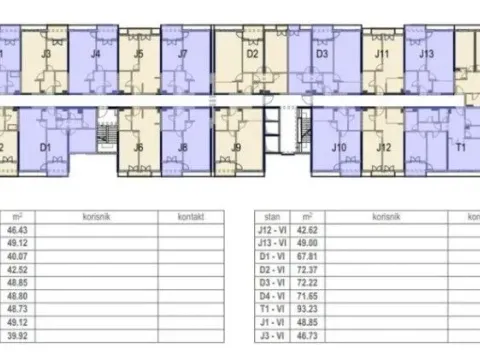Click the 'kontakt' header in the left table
tap(191, 215)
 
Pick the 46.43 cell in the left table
tap(17, 229)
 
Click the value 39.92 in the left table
tap(17, 342)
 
